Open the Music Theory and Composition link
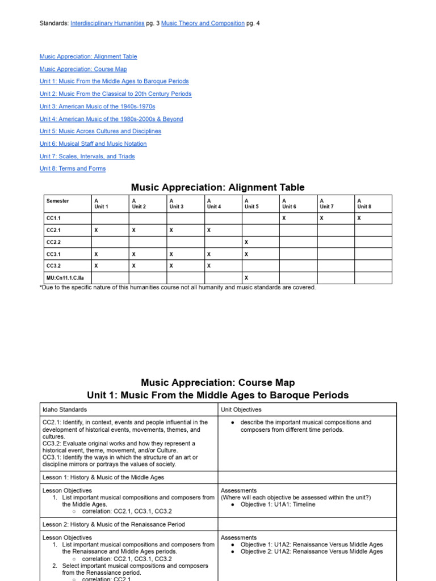click(203, 23)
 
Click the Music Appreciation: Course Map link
click(84, 69)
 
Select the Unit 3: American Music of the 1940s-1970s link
click(97, 107)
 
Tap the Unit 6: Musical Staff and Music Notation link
click(93, 144)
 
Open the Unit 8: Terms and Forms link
click(73, 169)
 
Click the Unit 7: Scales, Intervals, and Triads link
click(87, 157)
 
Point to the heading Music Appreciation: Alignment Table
click(217, 187)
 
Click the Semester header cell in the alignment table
click(58, 201)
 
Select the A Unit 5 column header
click(251, 204)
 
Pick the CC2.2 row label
click(53, 242)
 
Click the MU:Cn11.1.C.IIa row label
click(65, 278)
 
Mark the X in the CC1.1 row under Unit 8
click(359, 218)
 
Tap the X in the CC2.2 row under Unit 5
click(246, 242)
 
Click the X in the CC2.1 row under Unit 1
click(96, 230)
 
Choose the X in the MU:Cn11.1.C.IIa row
click(246, 278)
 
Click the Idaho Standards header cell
click(65, 409)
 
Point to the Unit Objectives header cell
click(241, 409)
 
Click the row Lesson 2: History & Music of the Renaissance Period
click(114, 524)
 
